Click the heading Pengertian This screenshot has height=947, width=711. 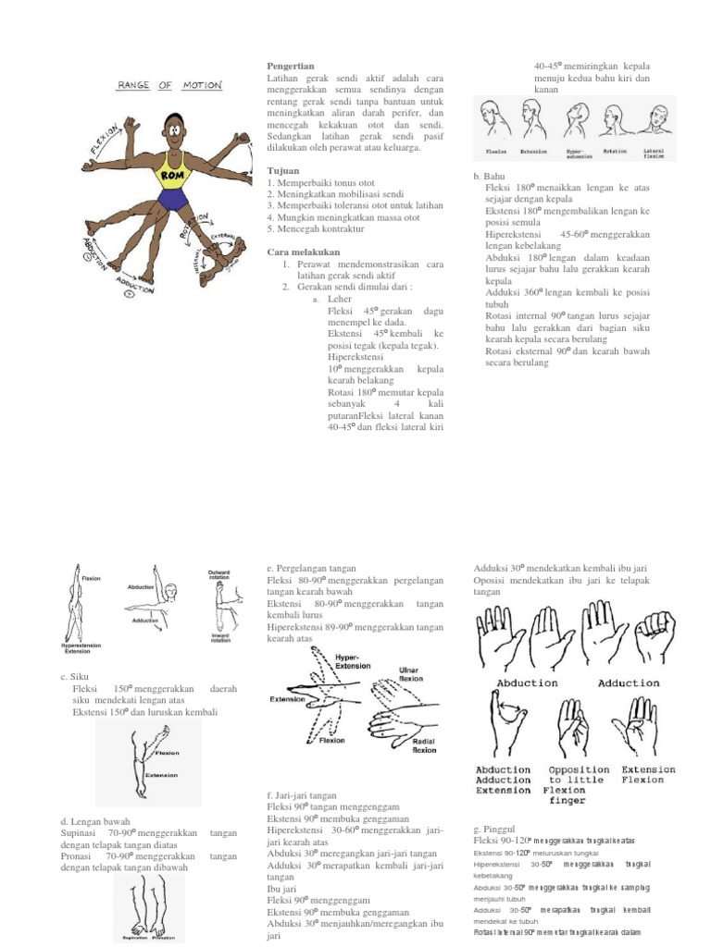pyautogui.click(x=290, y=67)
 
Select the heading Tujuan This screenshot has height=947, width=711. pyautogui.click(x=282, y=170)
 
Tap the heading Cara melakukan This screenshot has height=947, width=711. pyautogui.click(x=304, y=252)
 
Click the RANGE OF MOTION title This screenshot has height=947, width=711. pyautogui.click(x=168, y=85)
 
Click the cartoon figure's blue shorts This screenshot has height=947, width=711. pyautogui.click(x=172, y=199)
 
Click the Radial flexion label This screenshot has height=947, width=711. pyautogui.click(x=424, y=744)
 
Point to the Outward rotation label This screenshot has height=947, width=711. pyautogui.click(x=218, y=575)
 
